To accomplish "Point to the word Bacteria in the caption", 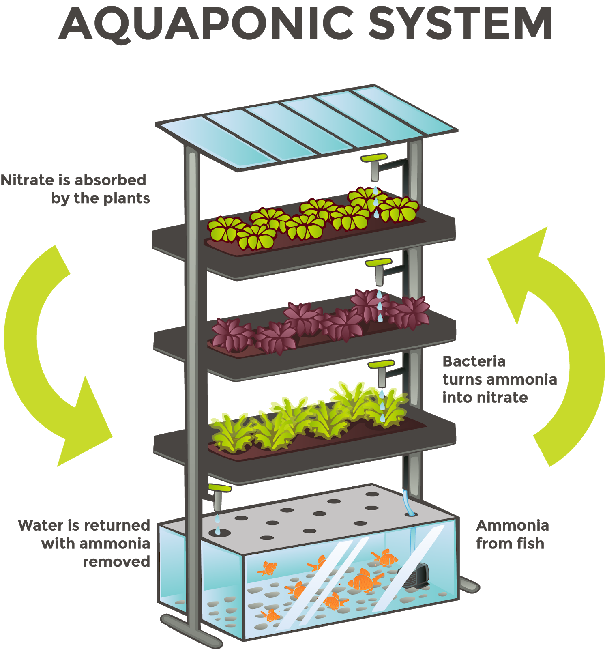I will (x=474, y=361).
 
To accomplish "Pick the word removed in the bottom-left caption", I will (x=116, y=562).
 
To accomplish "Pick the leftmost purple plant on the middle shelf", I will (x=231, y=335).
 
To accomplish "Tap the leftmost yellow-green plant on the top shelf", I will (x=223, y=229).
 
